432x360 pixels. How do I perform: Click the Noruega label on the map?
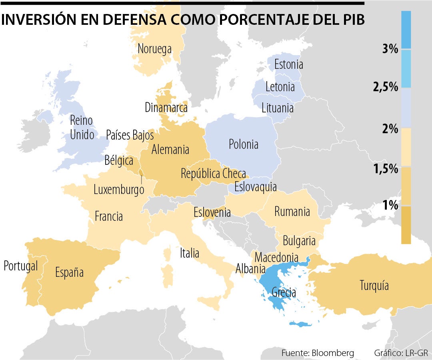pyautogui.click(x=154, y=49)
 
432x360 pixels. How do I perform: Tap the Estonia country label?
pyautogui.click(x=288, y=64)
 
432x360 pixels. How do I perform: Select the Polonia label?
pyautogui.click(x=243, y=144)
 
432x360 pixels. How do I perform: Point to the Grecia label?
pyautogui.click(x=284, y=292)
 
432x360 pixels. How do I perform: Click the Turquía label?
pyautogui.click(x=374, y=286)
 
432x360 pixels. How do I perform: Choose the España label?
pyautogui.click(x=69, y=273)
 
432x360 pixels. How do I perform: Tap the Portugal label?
pyautogui.click(x=20, y=266)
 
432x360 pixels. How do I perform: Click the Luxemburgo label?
pyautogui.click(x=119, y=190)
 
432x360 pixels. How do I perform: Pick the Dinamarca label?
pyautogui.click(x=166, y=108)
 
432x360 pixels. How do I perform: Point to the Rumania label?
pyautogui.click(x=292, y=212)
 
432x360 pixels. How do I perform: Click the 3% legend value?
pyautogui.click(x=390, y=49)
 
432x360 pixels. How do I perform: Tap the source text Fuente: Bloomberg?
pyautogui.click(x=318, y=353)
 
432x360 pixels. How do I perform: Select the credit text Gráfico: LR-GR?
pyautogui.click(x=401, y=353)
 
